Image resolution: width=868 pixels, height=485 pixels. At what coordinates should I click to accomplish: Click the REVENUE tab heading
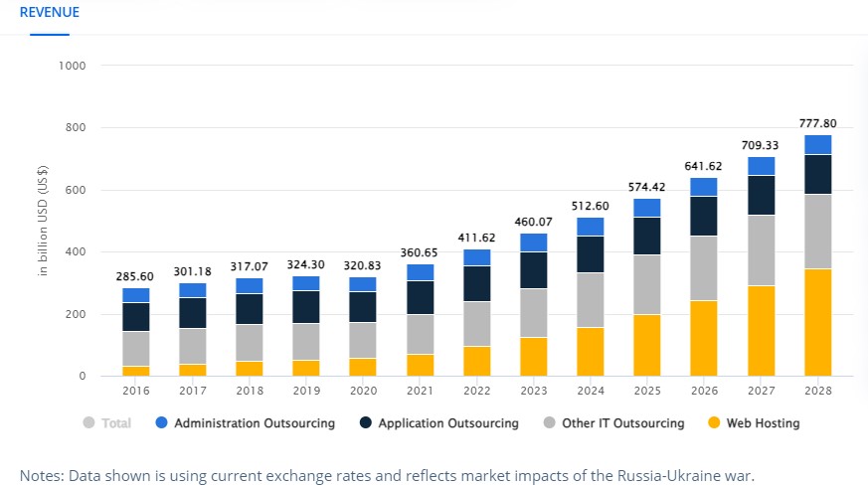tap(49, 13)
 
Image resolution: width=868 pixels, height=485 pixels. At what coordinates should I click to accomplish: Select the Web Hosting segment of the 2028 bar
tap(818, 322)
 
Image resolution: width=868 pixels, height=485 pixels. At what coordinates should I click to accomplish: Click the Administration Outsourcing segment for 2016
tap(136, 295)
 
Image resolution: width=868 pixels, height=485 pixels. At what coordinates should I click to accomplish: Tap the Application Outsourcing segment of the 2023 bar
tap(534, 269)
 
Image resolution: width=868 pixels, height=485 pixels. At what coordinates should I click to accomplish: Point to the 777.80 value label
tap(818, 123)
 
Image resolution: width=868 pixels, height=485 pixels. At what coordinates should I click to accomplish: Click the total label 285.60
tap(136, 276)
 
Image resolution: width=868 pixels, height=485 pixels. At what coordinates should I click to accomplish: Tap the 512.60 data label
tap(591, 206)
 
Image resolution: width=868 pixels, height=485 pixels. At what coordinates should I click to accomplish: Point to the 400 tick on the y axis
tap(78, 252)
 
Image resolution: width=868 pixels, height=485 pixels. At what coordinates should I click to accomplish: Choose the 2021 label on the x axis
tap(420, 391)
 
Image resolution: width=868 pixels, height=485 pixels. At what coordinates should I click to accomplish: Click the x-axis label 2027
tap(762, 391)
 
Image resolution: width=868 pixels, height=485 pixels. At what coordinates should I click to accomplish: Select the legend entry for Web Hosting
tap(762, 423)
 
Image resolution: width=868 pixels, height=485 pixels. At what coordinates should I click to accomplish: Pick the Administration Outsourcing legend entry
tap(255, 423)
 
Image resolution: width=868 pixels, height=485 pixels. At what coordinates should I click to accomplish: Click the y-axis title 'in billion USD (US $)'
tap(44, 221)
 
